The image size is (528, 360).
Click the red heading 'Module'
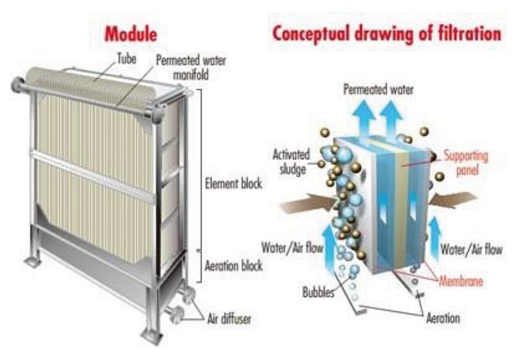[x=131, y=34]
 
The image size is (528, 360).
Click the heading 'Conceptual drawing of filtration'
[x=386, y=33]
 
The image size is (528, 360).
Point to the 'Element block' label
[x=233, y=185]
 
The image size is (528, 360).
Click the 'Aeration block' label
[x=233, y=266]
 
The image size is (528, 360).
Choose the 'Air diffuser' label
[x=229, y=319]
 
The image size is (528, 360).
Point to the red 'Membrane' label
[x=461, y=281]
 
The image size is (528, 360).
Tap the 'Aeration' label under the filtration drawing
[x=443, y=318]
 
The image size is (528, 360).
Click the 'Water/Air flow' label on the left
[x=292, y=247]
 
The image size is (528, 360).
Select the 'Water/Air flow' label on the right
[x=471, y=249]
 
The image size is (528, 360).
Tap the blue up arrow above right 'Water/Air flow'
[x=435, y=230]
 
